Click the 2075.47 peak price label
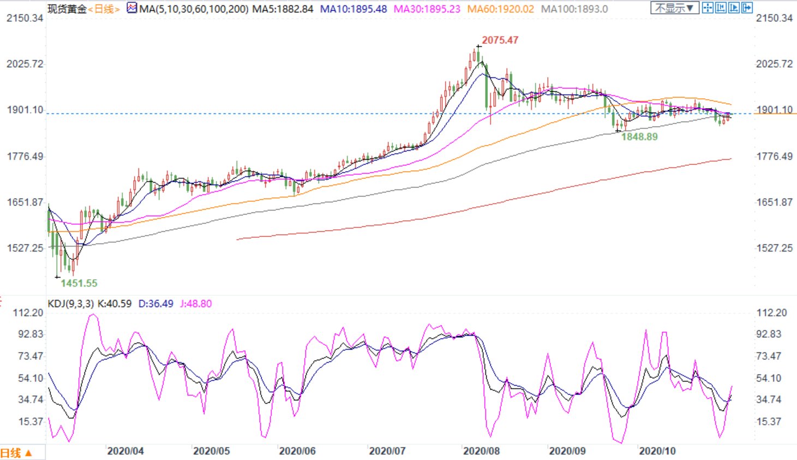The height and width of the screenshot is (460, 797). tap(500, 40)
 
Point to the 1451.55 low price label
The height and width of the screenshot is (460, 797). tap(79, 283)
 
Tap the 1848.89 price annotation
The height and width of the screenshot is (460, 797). tap(639, 136)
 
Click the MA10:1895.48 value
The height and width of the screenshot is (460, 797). tap(353, 9)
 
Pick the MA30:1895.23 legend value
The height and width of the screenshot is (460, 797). tap(427, 9)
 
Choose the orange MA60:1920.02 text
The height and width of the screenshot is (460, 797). tap(501, 9)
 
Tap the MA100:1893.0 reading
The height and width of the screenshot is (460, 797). tap(574, 9)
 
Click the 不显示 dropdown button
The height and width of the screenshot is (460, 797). tap(674, 8)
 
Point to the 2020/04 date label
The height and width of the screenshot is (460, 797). tap(125, 451)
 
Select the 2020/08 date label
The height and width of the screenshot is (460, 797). tap(481, 451)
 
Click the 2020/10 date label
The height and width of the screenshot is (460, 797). tap(657, 451)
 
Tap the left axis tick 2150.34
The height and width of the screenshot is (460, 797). tap(25, 18)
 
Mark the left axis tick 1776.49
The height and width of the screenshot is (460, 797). tap(25, 156)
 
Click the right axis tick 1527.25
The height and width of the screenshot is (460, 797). tap(774, 248)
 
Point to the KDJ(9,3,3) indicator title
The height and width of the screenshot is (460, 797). tap(71, 303)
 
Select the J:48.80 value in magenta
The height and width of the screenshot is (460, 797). tap(196, 303)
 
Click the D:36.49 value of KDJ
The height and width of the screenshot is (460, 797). tap(155, 303)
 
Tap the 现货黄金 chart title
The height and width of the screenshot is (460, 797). tap(67, 9)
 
